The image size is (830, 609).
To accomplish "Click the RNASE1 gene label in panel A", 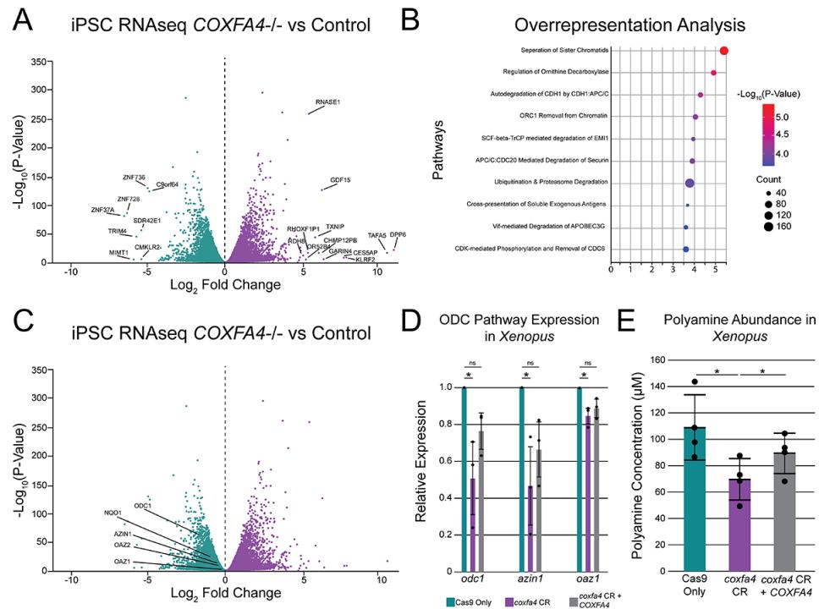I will tap(327, 102).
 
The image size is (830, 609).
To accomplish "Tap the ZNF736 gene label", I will tap(134, 177).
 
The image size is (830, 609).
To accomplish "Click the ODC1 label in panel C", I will tap(142, 506).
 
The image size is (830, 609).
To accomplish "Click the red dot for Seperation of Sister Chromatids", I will tap(724, 51).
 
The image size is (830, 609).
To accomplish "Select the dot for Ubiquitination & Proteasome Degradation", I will tap(690, 183).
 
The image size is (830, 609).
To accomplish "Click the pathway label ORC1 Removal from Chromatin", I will tap(565, 116).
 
